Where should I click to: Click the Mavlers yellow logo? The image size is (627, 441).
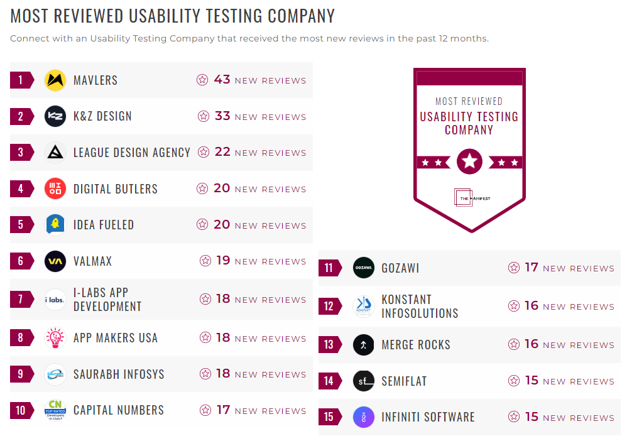[x=55, y=80]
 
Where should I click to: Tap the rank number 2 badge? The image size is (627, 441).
[x=21, y=116]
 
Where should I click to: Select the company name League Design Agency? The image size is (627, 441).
[x=131, y=153]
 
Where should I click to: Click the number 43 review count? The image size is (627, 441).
[x=222, y=80]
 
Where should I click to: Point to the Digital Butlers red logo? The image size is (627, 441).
[x=55, y=188]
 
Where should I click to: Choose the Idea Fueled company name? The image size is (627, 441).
[x=104, y=225]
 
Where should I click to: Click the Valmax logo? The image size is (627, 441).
[x=55, y=261]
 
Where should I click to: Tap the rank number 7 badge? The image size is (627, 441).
[x=21, y=299]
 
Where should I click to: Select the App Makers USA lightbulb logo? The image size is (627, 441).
[x=55, y=338]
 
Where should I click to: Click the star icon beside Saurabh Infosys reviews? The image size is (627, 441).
[x=205, y=374]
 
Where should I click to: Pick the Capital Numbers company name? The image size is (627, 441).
[x=119, y=410]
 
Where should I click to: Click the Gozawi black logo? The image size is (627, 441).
[x=364, y=268]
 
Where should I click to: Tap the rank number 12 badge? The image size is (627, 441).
[x=329, y=307]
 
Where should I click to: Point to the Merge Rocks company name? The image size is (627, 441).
[x=416, y=345]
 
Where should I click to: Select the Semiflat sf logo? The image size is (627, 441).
[x=364, y=381]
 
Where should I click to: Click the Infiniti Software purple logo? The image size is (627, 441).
[x=364, y=417]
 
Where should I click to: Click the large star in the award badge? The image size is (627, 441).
[x=469, y=162]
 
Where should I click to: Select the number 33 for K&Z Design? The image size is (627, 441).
[x=222, y=116]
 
